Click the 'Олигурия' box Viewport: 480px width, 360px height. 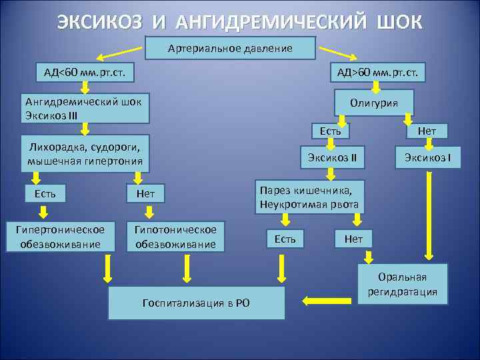[x=375, y=103]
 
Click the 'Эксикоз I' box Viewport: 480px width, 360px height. [x=427, y=158]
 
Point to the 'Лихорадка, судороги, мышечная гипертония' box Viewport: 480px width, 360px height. [x=85, y=154]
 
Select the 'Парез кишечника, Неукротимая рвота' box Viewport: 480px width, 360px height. [x=309, y=197]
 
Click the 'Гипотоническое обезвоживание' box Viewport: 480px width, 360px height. [x=175, y=236]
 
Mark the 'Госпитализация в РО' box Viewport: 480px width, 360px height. [x=196, y=303]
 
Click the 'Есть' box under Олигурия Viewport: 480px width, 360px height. [x=330, y=131]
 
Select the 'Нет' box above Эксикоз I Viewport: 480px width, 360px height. [x=427, y=131]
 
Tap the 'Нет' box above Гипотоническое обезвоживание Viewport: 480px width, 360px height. [x=145, y=194]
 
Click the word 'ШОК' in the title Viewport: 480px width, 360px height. [x=399, y=21]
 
